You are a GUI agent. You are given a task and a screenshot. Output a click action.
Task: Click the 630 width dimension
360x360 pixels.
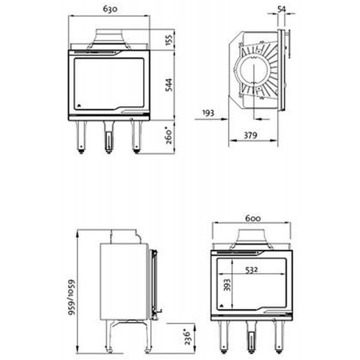tap(110, 9)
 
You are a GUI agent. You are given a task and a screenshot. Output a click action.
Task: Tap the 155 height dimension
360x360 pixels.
tap(169, 40)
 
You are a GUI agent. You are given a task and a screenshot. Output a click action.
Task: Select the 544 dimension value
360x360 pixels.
tap(169, 85)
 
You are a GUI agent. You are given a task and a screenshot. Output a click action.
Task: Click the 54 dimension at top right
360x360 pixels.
tap(282, 9)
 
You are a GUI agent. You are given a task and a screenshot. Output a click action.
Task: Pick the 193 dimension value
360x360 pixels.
tap(208, 113)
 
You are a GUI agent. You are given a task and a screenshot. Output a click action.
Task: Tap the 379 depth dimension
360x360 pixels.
tap(251, 135)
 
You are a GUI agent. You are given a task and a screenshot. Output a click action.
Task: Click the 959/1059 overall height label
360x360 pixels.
tap(72, 297)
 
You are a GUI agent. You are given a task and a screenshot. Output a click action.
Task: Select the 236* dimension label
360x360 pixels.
tap(188, 337)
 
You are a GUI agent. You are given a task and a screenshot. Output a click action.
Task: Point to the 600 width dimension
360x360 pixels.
tap(253, 218)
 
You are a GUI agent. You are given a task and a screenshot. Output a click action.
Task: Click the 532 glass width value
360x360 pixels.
tap(252, 270)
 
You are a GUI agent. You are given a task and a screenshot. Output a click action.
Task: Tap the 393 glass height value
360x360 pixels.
tap(227, 285)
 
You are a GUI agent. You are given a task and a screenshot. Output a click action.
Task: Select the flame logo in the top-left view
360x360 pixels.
tap(79, 106)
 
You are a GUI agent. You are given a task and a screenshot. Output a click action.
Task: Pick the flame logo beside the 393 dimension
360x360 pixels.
tap(221, 306)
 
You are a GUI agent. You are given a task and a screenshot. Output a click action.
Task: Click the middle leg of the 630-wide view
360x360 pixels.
tap(108, 137)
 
